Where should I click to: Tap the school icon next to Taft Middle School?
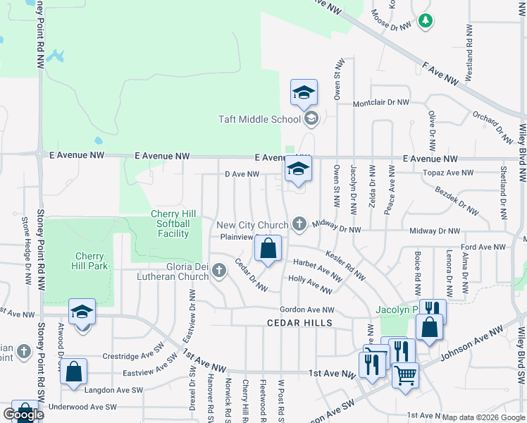pyautogui.click(x=311, y=118)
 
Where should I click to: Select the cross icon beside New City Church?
pyautogui.click(x=299, y=225)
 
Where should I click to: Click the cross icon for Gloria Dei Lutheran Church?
pyautogui.click(x=219, y=271)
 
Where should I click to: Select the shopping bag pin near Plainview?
pyautogui.click(x=268, y=248)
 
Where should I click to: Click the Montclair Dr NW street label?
pyautogui.click(x=380, y=103)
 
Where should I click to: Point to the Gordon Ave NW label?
pyautogui.click(x=306, y=309)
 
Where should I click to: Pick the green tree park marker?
pyautogui.click(x=424, y=21)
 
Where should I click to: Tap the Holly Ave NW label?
pyautogui.click(x=310, y=284)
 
